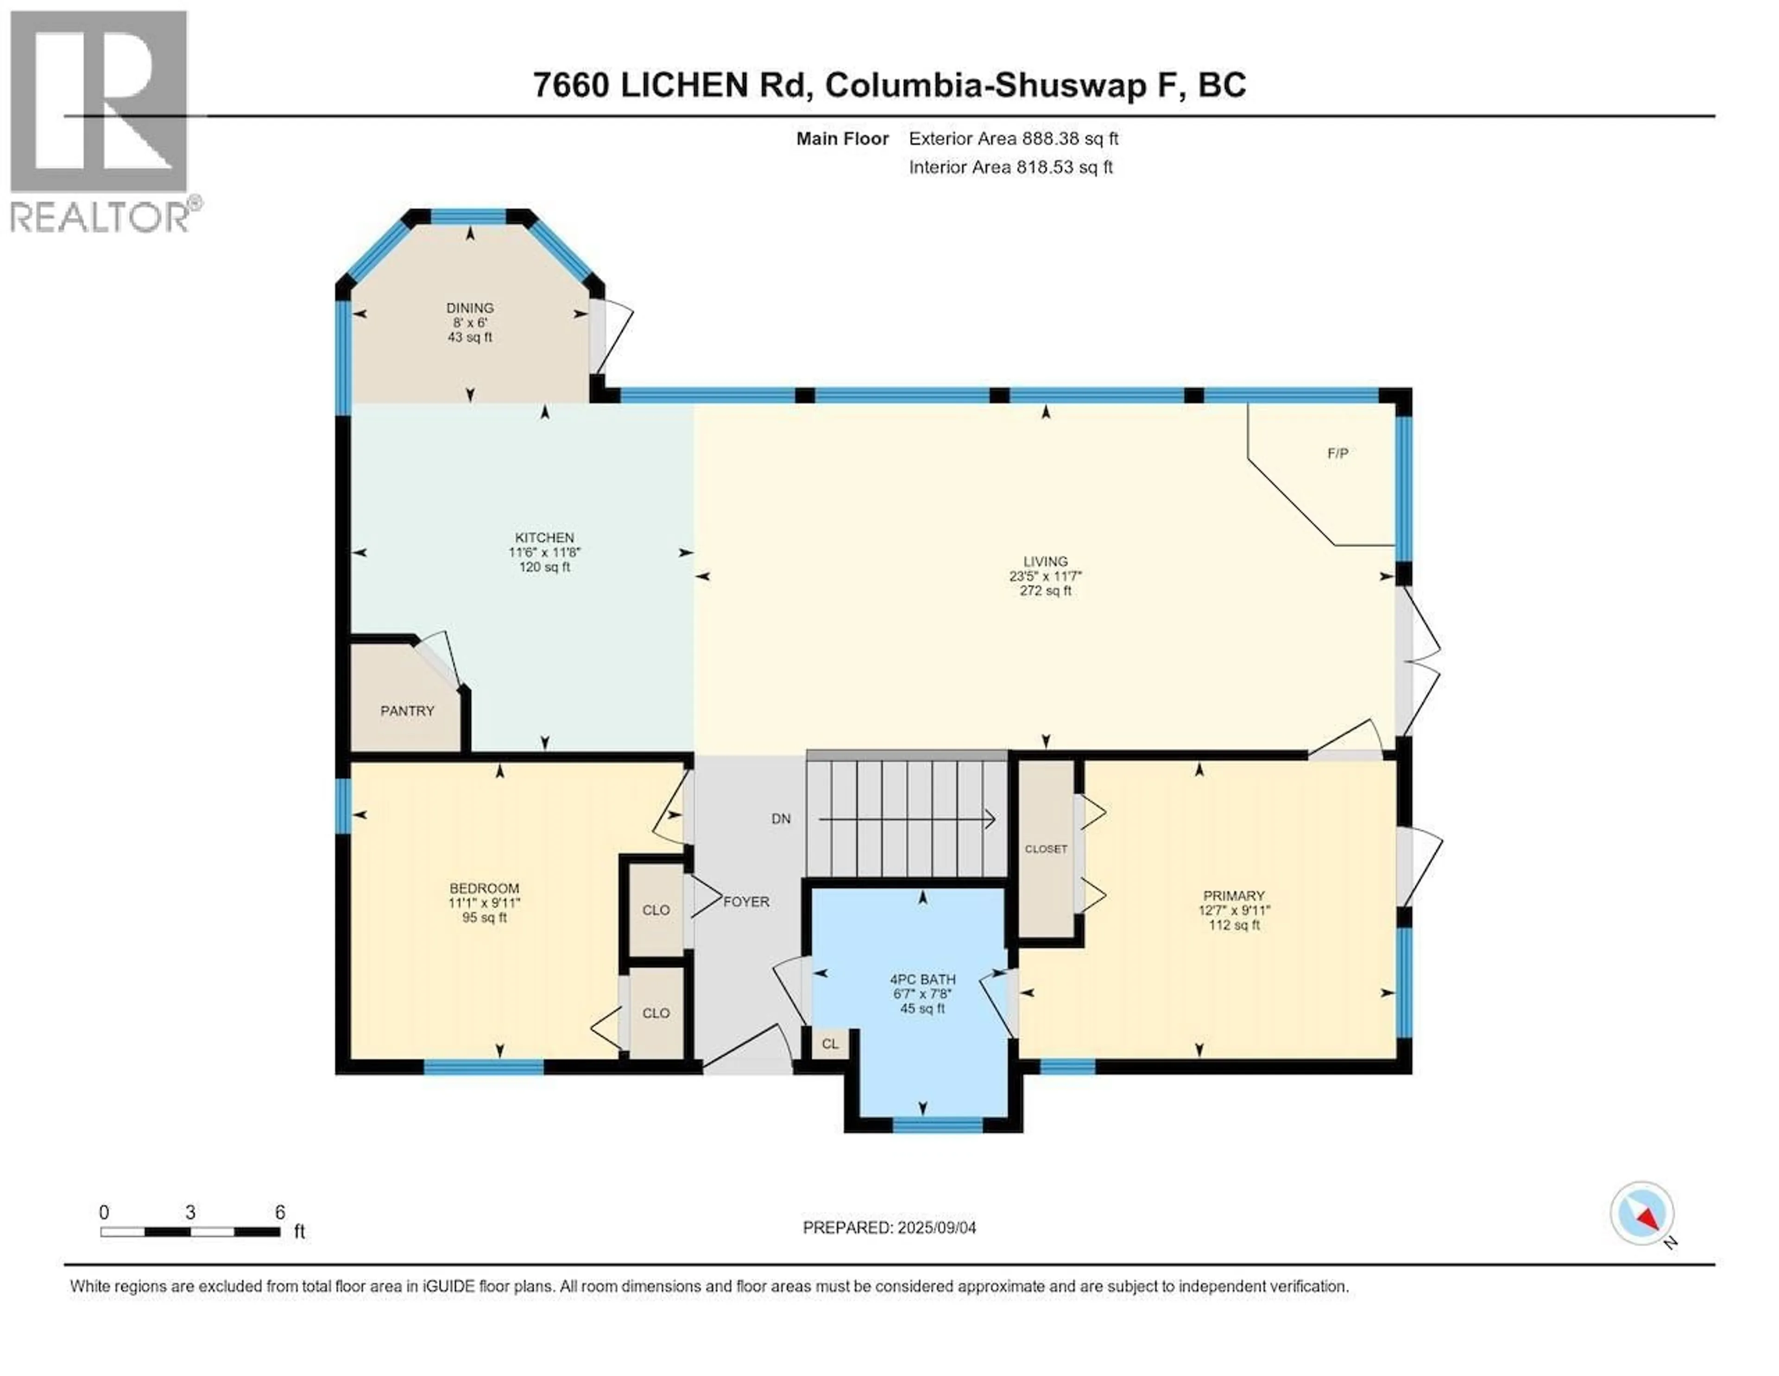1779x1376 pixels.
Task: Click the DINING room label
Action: tap(470, 308)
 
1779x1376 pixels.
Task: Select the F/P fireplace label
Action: tap(1337, 454)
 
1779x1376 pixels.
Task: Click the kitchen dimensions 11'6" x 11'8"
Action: tap(544, 552)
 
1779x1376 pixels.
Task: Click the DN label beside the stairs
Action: tap(780, 819)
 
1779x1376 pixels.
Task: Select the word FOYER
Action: tap(746, 902)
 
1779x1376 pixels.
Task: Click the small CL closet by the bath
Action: tap(829, 1044)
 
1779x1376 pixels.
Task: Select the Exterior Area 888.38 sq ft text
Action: tap(1013, 139)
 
